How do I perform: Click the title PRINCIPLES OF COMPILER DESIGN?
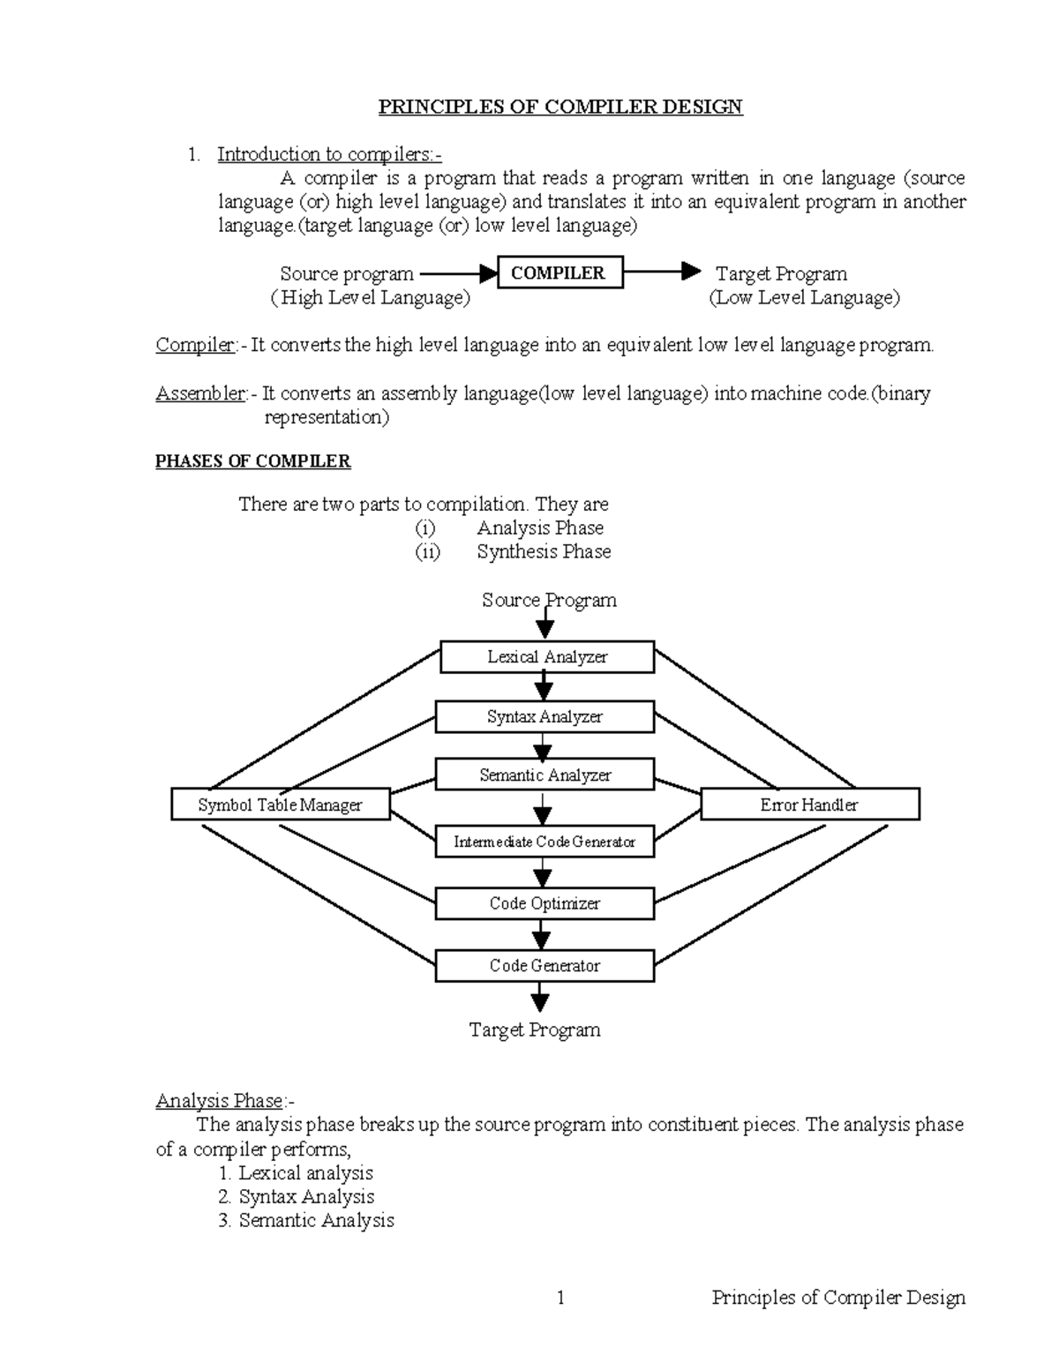(x=560, y=107)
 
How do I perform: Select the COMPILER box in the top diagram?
(x=560, y=273)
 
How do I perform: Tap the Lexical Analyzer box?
(x=547, y=657)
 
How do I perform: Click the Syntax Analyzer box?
(x=545, y=717)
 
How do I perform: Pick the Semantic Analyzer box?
(x=545, y=775)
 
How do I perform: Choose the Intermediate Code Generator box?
(x=545, y=842)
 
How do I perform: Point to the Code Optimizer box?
(x=545, y=903)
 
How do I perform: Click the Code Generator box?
(x=545, y=966)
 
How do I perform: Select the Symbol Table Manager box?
(x=280, y=805)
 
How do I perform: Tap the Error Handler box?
(x=809, y=805)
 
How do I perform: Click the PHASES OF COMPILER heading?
(x=252, y=461)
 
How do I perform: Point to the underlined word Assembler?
(x=200, y=393)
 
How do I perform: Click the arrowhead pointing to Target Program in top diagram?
(x=692, y=272)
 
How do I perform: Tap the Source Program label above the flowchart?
(x=549, y=601)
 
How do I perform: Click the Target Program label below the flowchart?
(x=535, y=1029)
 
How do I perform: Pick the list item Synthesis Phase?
(x=544, y=551)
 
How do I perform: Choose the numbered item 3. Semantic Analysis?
(x=306, y=1220)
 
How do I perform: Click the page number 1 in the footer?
(x=560, y=1297)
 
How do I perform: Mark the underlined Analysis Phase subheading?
(x=220, y=1101)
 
